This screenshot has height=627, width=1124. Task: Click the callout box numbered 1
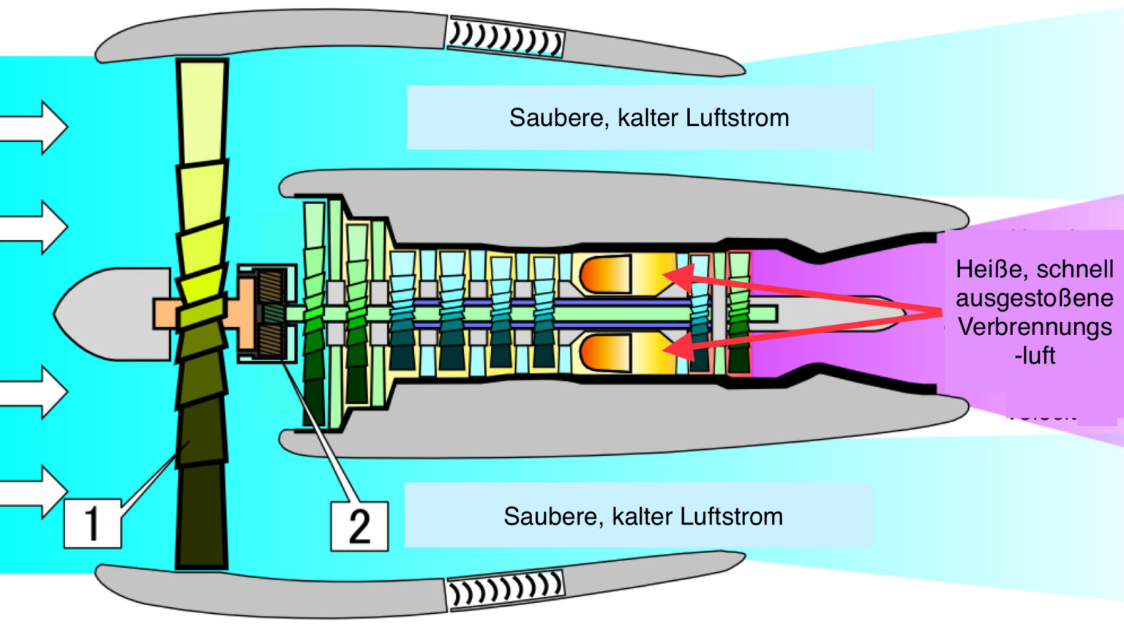pyautogui.click(x=92, y=523)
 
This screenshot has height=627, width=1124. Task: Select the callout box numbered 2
pyautogui.click(x=359, y=525)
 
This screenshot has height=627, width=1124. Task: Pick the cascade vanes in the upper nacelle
pyautogui.click(x=505, y=38)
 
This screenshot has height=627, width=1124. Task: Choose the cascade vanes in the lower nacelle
pyautogui.click(x=505, y=589)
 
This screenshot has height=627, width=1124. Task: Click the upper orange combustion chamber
pyautogui.click(x=607, y=274)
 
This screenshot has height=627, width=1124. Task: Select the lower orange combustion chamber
pyautogui.click(x=607, y=353)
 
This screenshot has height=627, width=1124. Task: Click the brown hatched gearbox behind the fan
pyautogui.click(x=270, y=313)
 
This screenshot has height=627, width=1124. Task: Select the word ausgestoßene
pyautogui.click(x=1034, y=298)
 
